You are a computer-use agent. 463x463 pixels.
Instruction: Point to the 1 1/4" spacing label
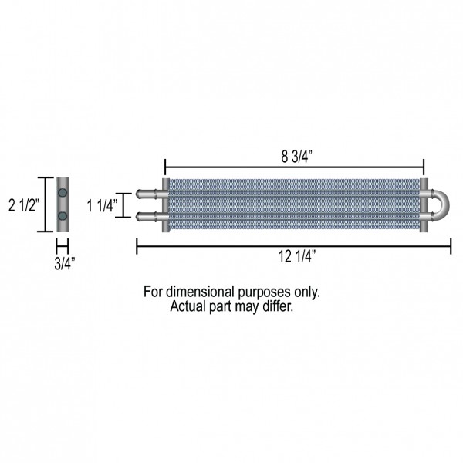(101, 206)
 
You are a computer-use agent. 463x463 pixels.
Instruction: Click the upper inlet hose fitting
(147, 194)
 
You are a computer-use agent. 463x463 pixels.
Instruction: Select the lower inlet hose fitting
(147, 216)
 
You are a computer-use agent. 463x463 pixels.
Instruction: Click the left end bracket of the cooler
(165, 205)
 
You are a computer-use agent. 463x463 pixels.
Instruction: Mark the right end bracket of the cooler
(424, 205)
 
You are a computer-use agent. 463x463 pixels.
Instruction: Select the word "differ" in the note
(278, 306)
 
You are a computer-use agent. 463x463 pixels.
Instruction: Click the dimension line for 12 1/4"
(231, 246)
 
